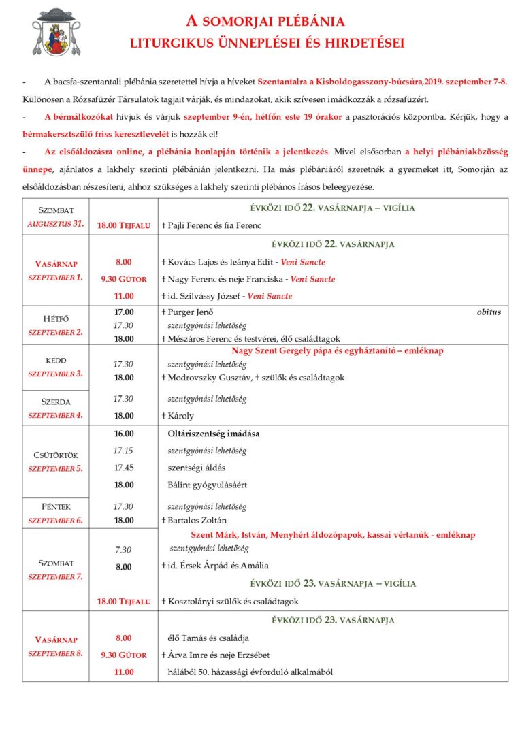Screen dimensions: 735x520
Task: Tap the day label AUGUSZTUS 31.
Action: click(x=56, y=224)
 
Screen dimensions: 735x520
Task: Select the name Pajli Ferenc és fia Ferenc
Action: click(x=211, y=225)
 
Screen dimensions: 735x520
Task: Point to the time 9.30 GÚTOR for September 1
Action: click(x=123, y=278)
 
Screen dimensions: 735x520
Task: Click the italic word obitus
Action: click(x=488, y=312)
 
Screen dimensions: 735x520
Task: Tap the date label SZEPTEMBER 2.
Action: click(x=55, y=332)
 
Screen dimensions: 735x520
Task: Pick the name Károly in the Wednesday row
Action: click(x=180, y=415)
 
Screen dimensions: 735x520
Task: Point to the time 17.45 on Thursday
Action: click(x=123, y=468)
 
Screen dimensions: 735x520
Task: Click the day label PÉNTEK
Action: click(x=55, y=507)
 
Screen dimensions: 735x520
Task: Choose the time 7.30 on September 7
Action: click(x=123, y=550)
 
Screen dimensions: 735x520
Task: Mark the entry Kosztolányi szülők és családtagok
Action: click(x=230, y=601)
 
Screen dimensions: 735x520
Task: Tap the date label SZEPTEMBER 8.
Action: click(x=55, y=653)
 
